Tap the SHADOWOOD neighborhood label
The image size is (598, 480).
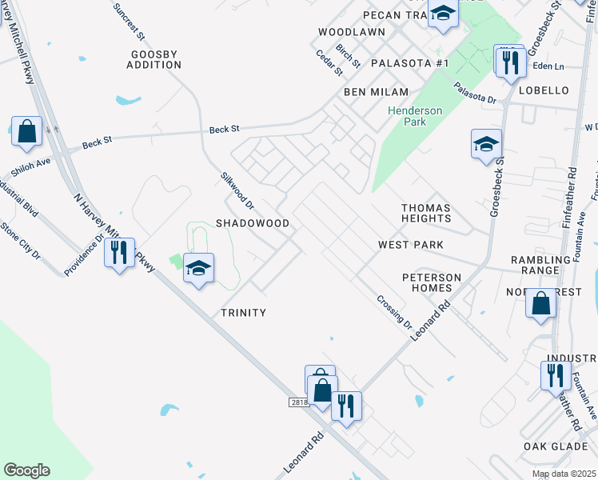[252, 223]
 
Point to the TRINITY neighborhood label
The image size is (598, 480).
[243, 313]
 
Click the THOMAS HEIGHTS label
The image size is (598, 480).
[426, 213]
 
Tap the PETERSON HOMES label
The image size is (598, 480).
[432, 283]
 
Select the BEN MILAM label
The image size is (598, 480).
[376, 93]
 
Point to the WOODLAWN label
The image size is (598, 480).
[351, 32]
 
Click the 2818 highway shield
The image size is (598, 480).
[299, 404]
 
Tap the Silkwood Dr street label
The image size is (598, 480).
[237, 190]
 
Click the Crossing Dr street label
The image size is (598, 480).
[394, 313]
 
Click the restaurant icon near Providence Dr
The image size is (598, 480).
[119, 253]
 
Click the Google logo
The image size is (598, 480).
[26, 470]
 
